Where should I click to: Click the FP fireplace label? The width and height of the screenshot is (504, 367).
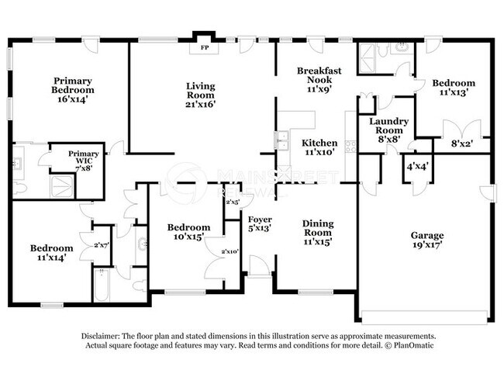coord(205,47)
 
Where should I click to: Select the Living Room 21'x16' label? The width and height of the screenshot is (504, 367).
coord(200,94)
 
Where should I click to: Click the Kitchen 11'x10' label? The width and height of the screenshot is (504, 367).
coord(319,147)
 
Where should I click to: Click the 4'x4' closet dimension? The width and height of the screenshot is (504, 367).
coord(416,165)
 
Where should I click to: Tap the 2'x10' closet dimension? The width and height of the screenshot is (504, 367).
coord(230,251)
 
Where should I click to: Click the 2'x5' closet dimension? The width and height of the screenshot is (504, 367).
coord(232,202)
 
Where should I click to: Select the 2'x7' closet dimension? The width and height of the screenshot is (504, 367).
coord(102,244)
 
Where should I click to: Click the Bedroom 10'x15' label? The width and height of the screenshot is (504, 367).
coord(189,231)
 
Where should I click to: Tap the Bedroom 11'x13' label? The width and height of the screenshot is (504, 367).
coord(454,87)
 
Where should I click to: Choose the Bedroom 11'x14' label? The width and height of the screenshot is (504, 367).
coord(52,252)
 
